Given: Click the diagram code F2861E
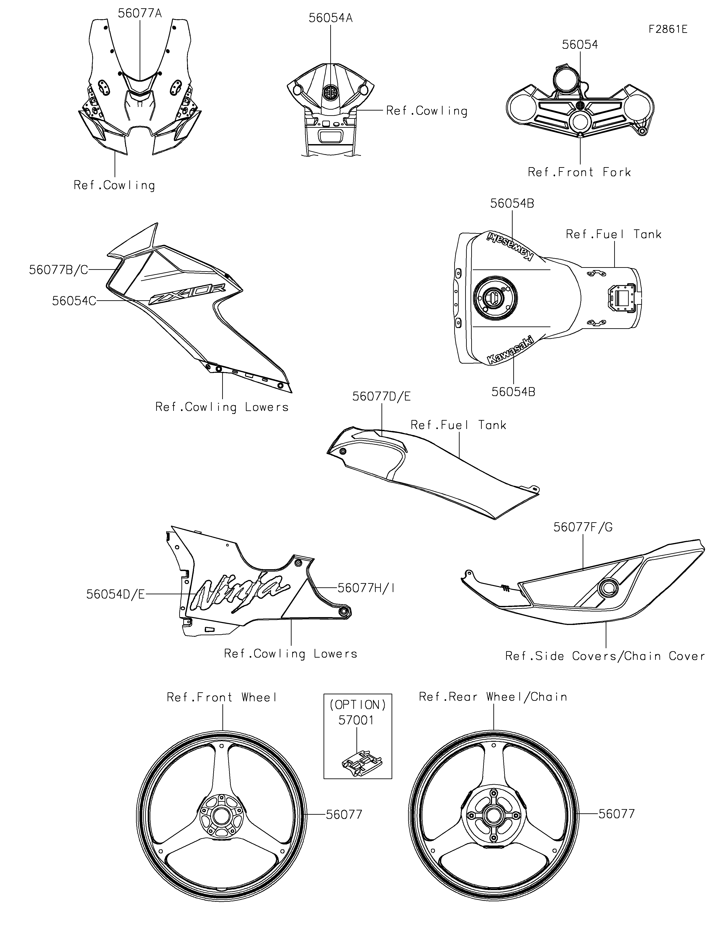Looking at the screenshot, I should (x=668, y=29).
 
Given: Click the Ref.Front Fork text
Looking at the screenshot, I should (x=579, y=172).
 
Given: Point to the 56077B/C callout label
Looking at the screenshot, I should (x=58, y=270).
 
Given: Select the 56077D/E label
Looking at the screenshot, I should (x=381, y=396).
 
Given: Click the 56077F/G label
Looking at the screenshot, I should (x=583, y=527).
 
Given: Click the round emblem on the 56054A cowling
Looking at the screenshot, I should (x=330, y=92).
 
